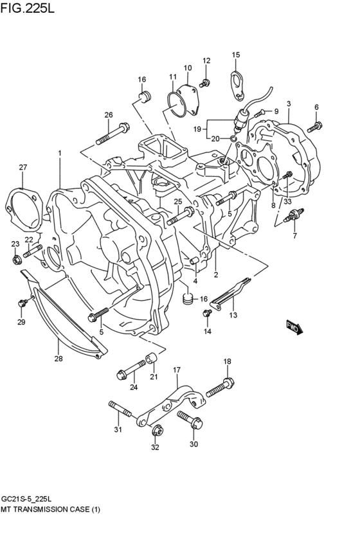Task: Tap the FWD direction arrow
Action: [294, 327]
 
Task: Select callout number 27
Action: [23, 168]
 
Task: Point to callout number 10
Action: [188, 68]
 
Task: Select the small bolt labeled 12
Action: [205, 82]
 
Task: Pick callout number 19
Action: [197, 129]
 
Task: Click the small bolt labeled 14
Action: [207, 313]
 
